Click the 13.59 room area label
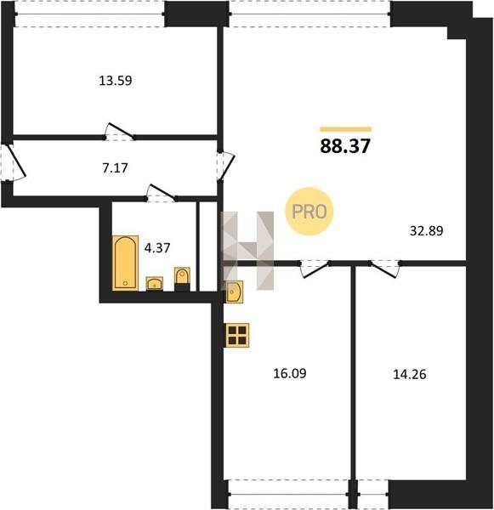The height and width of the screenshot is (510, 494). pyautogui.click(x=116, y=81)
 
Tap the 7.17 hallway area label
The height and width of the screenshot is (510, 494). pyautogui.click(x=115, y=167)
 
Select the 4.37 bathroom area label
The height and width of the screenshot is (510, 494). pyautogui.click(x=157, y=248)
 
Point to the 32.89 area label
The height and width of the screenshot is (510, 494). pyautogui.click(x=426, y=231)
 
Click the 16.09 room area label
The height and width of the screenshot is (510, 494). pyautogui.click(x=290, y=373)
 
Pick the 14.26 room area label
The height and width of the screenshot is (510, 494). pyautogui.click(x=410, y=374)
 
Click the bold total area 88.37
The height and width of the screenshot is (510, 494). pyautogui.click(x=345, y=146)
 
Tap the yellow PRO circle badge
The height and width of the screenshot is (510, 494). pyautogui.click(x=309, y=212)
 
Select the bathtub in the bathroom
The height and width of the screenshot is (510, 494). pyautogui.click(x=125, y=263)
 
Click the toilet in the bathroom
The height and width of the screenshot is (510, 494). pyautogui.click(x=182, y=279)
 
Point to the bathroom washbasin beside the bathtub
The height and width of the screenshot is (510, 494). pyautogui.click(x=154, y=283)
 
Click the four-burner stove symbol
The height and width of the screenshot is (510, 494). pyautogui.click(x=237, y=336)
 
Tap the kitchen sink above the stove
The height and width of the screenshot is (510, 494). pyautogui.click(x=235, y=292)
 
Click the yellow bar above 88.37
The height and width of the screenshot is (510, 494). pyautogui.click(x=345, y=129)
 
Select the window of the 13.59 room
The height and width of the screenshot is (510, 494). pyautogui.click(x=89, y=14)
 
